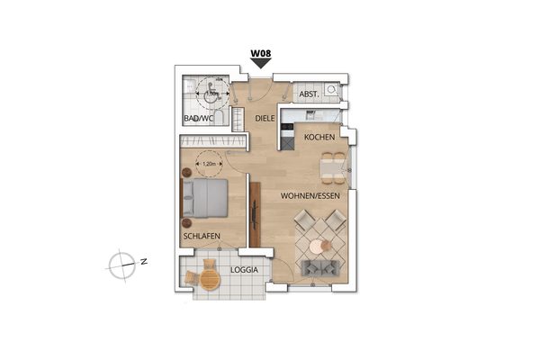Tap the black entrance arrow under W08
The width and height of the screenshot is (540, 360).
click(x=261, y=65)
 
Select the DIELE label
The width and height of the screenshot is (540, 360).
click(x=265, y=117)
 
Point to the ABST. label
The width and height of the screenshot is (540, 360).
click(x=309, y=94)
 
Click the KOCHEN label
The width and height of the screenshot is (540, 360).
click(x=319, y=137)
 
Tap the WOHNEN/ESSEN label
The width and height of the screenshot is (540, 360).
click(x=311, y=194)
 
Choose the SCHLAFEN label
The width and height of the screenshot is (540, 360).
click(x=202, y=236)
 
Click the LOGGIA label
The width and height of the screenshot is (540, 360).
click(x=245, y=269)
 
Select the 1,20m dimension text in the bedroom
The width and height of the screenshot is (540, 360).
click(x=209, y=165)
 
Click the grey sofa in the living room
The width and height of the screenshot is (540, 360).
click(x=320, y=267)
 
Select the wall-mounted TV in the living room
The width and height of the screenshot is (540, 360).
click(x=255, y=216)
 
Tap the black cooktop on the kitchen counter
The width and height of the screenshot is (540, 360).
click(x=288, y=133)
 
